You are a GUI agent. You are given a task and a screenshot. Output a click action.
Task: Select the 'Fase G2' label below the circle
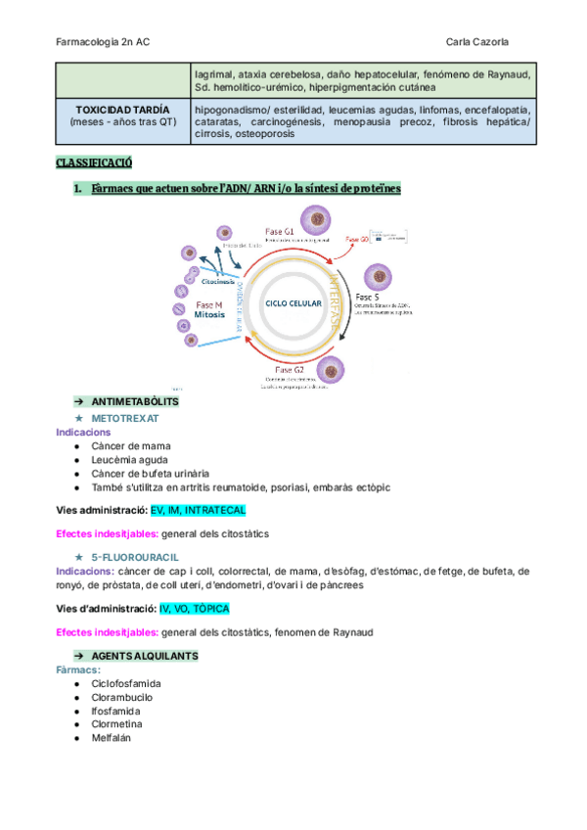291,370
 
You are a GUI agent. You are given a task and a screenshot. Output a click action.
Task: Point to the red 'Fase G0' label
357,239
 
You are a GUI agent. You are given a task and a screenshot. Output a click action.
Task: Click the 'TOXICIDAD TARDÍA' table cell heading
123,109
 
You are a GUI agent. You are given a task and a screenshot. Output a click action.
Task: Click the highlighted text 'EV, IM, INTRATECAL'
198,510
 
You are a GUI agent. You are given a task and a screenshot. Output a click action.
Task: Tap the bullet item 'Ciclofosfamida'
126,683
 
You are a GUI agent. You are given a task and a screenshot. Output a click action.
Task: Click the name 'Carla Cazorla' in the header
476,42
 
